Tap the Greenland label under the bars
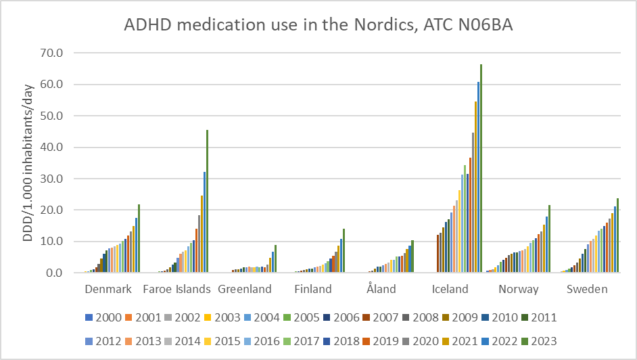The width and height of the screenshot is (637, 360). tap(245, 289)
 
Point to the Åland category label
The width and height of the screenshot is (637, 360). tap(382, 289)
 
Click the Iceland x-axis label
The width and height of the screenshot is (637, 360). tap(450, 289)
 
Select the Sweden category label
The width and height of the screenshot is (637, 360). tap(587, 289)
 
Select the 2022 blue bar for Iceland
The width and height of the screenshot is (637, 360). tap(478, 177)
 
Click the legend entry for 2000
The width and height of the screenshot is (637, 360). tap(99, 316)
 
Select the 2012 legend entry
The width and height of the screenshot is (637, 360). tap(99, 341)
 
